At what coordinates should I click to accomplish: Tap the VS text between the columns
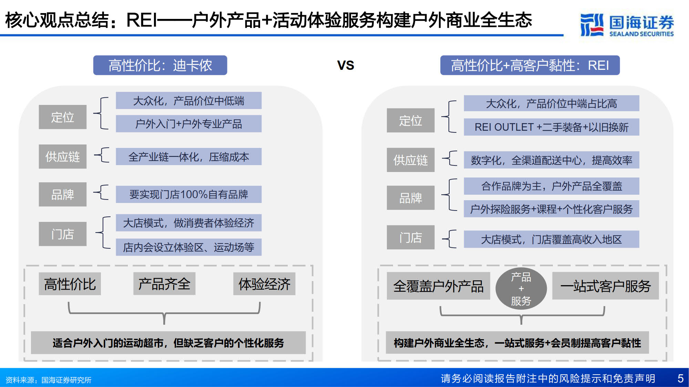pyautogui.click(x=346, y=65)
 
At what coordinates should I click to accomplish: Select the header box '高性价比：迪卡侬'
pyautogui.click(x=160, y=65)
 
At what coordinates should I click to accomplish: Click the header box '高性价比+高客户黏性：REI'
pyautogui.click(x=530, y=65)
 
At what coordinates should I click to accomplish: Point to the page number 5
pyautogui.click(x=680, y=378)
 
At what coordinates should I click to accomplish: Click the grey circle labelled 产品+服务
pyautogui.click(x=521, y=289)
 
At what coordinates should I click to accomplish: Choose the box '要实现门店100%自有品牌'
pyautogui.click(x=188, y=194)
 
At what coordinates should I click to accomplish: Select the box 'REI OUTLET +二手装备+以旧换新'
pyautogui.click(x=552, y=127)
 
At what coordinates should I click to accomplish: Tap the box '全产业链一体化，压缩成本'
pyautogui.click(x=188, y=157)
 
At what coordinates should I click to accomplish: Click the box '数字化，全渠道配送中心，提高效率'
pyautogui.click(x=552, y=160)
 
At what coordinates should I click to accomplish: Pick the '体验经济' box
pyautogui.click(x=264, y=284)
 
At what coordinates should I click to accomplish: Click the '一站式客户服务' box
pyautogui.click(x=605, y=286)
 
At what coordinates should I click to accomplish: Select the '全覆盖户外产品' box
pyautogui.click(x=438, y=286)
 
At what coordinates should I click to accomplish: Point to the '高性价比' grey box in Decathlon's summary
pyautogui.click(x=70, y=284)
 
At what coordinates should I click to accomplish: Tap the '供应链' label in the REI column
pyautogui.click(x=411, y=160)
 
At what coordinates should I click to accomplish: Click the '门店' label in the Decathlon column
pyautogui.click(x=63, y=234)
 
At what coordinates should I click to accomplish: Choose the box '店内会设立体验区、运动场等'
pyautogui.click(x=188, y=247)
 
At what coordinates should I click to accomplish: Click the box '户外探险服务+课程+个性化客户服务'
pyautogui.click(x=552, y=209)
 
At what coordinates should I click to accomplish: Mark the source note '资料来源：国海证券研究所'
pyautogui.click(x=49, y=380)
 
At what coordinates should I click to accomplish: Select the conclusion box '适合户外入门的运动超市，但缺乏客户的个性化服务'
pyautogui.click(x=168, y=343)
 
